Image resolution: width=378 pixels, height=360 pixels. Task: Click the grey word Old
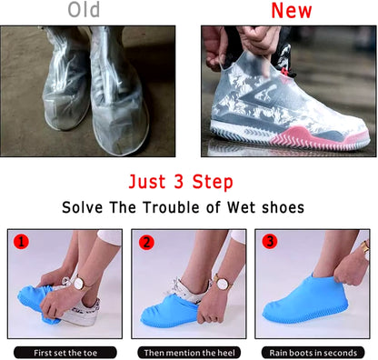(84, 10)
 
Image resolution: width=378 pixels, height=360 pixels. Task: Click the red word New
(292, 11)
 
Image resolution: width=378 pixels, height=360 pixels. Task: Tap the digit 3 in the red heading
(179, 181)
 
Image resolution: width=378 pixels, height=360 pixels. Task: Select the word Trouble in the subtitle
(172, 207)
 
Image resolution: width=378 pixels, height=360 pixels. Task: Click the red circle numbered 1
(21, 242)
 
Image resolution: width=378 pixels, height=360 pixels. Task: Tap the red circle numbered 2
(146, 243)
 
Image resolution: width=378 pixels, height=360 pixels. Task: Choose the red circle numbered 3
(270, 242)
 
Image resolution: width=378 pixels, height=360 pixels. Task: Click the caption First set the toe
(65, 353)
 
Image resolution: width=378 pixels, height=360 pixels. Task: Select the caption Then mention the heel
(189, 353)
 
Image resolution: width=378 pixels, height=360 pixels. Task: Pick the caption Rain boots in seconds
(313, 353)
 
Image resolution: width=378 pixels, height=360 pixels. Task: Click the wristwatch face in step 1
(80, 284)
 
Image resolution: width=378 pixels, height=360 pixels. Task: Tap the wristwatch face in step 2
(223, 284)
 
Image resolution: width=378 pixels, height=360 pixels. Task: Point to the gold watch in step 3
(365, 246)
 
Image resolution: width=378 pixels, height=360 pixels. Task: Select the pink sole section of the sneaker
(315, 138)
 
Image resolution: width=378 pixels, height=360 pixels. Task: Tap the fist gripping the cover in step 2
(210, 311)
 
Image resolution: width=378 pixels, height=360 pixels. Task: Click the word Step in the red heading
(213, 182)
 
